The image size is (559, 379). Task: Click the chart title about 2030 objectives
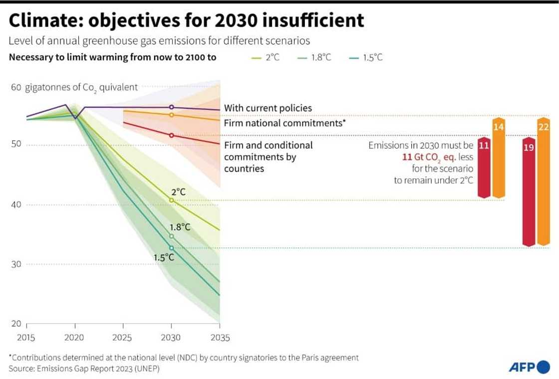186,20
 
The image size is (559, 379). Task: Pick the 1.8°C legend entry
315,57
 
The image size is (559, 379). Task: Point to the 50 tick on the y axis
16,145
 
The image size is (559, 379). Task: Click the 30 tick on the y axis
16,264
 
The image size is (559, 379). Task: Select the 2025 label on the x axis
122,338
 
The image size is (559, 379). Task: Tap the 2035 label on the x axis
220,338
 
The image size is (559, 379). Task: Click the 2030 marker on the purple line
172,107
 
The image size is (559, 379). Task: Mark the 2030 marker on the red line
172,135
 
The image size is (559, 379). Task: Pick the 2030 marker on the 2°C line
172,200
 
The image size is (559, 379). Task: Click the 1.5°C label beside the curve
164,257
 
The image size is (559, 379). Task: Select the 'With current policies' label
268,108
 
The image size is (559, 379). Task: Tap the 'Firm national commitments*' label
285,122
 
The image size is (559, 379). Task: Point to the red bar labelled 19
529,192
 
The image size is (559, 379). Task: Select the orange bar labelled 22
543,183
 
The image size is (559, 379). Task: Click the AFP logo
528,368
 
